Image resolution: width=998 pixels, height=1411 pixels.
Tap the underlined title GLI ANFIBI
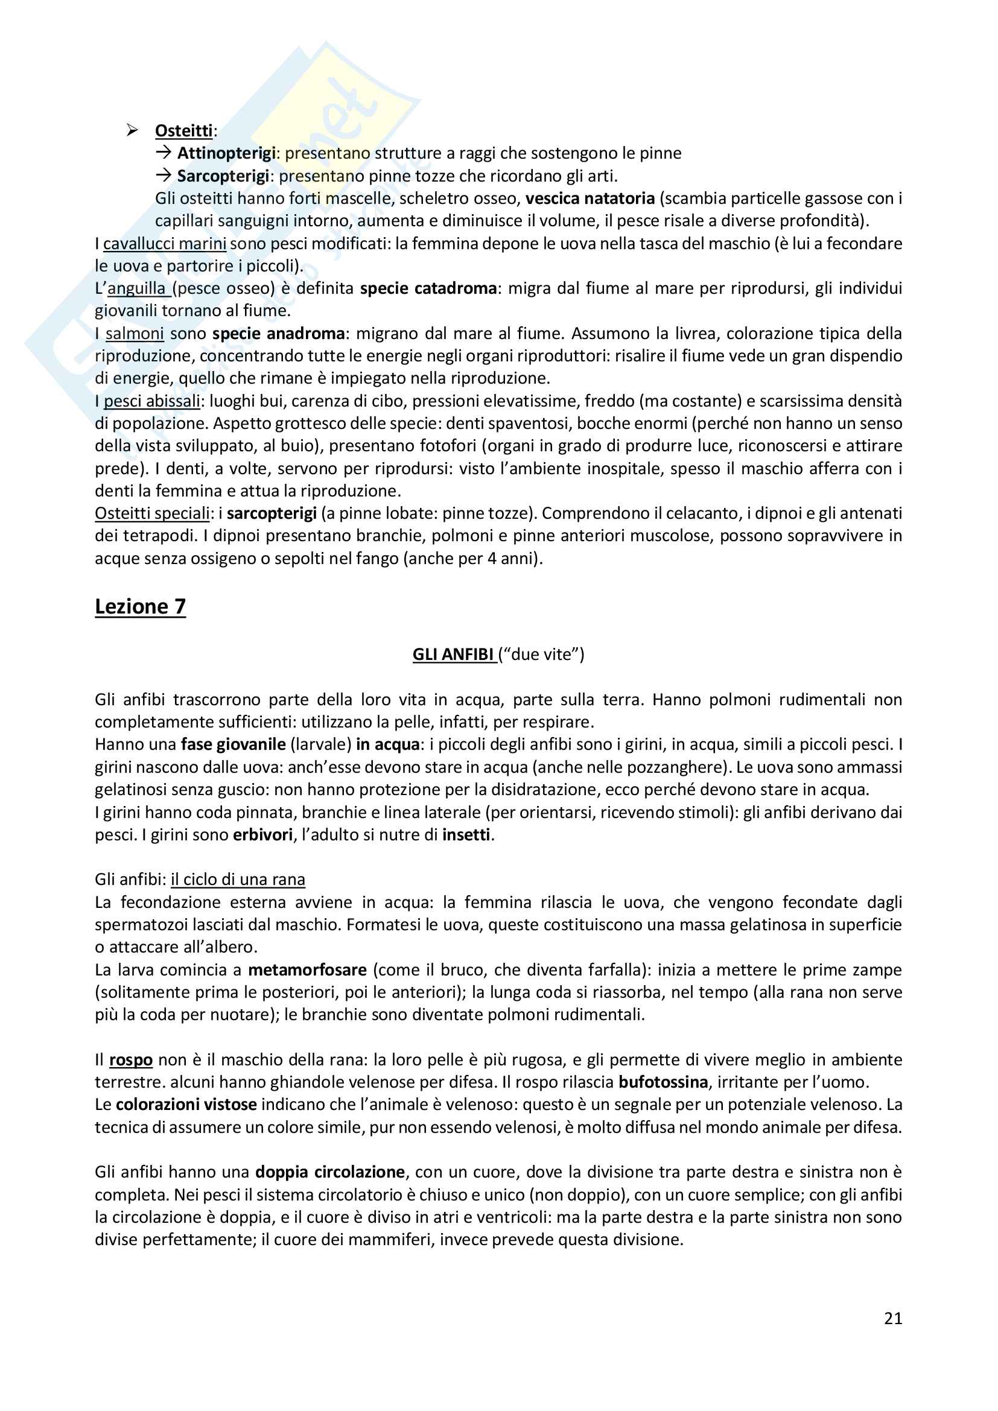[453, 655]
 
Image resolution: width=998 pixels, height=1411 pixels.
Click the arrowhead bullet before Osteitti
[132, 130]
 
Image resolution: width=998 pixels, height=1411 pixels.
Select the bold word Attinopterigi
[226, 153]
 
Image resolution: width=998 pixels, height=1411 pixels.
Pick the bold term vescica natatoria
[590, 198]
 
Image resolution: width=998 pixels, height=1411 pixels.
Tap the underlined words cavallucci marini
[165, 243]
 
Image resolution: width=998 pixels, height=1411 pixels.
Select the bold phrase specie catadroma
[428, 288]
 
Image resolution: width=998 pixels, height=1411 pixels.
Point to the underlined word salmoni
[135, 334]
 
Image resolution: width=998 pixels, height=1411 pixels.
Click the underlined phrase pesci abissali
[152, 401]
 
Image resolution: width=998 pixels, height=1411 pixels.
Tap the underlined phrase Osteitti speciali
[153, 513]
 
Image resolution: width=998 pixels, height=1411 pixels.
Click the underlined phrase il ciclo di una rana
[238, 880]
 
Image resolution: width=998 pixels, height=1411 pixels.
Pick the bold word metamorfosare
[307, 970]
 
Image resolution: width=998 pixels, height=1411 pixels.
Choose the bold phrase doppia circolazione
[330, 1172]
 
